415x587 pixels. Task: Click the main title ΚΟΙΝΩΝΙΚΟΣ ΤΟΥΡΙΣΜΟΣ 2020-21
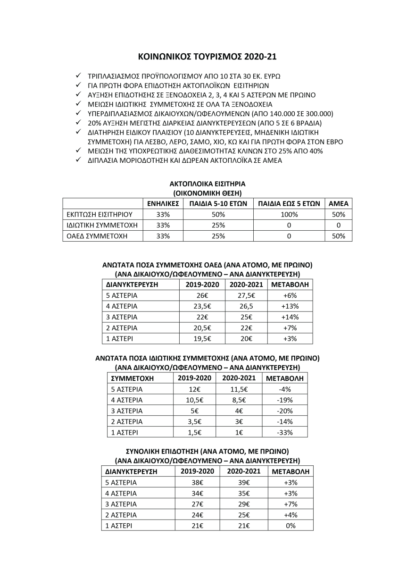coord(207,57)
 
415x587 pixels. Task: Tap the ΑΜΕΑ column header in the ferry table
coord(338,203)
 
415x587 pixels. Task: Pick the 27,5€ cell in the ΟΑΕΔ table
coord(245,295)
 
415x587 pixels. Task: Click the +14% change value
coord(290,317)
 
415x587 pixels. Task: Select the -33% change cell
coord(285,432)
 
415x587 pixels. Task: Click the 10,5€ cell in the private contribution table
coord(194,400)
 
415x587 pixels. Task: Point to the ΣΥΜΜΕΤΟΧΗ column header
coord(132,378)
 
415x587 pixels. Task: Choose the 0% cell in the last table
coord(290,526)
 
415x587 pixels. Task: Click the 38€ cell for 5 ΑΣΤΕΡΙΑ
coord(198,483)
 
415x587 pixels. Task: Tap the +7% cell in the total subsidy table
coord(290,504)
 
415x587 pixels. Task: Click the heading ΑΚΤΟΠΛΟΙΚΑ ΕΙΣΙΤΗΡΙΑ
coord(207,184)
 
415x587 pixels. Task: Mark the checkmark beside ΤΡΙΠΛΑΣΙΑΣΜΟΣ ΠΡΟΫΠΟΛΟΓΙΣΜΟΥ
coord(78,76)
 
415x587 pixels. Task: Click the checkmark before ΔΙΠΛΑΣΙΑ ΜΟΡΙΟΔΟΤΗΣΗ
coord(78,160)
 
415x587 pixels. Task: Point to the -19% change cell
coord(285,400)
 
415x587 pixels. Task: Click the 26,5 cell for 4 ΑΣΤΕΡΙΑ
coord(245,306)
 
